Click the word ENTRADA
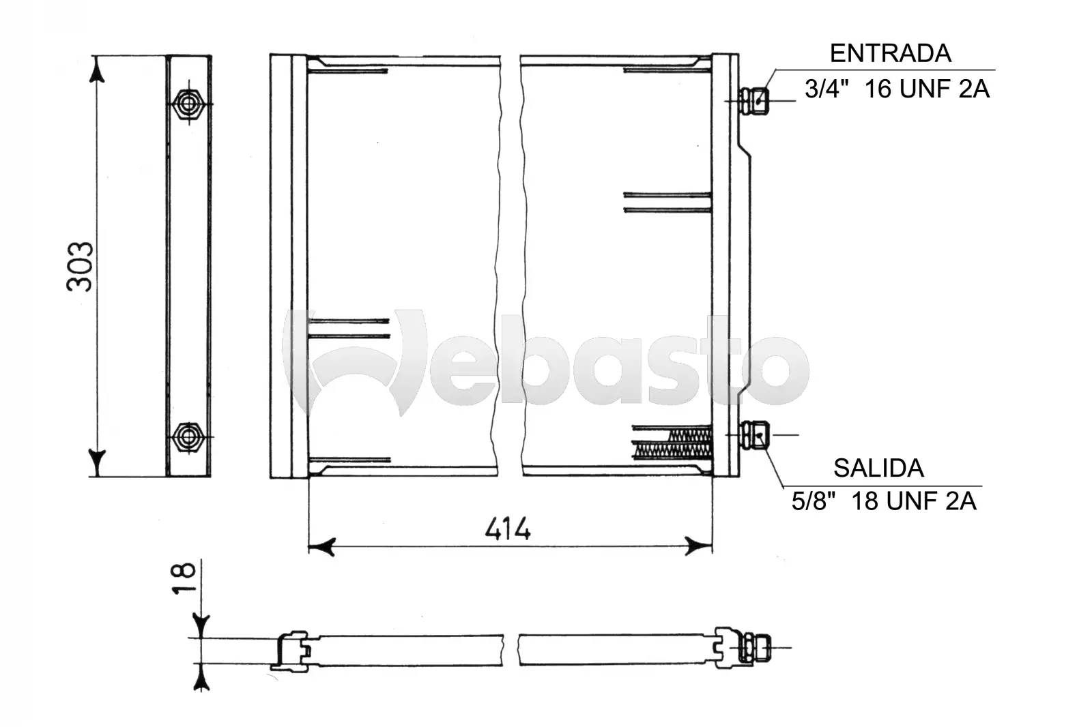[x=890, y=54]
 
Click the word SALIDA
[x=878, y=469]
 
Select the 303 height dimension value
[x=80, y=267]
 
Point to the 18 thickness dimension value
[x=184, y=578]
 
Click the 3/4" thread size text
[x=827, y=89]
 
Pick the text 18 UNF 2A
[x=914, y=501]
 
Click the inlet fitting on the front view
[x=754, y=101]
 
